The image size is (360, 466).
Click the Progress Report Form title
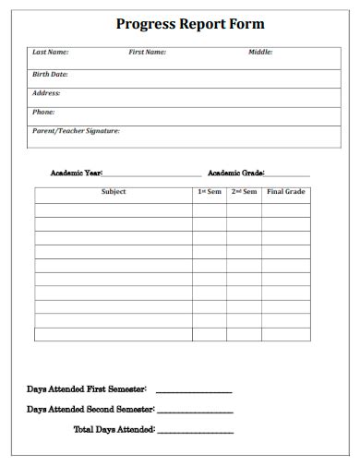pos(190,25)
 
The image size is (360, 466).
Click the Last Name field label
pos(51,53)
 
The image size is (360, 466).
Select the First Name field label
pos(148,53)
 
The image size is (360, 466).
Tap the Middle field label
pos(260,53)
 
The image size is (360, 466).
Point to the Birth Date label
pos(51,74)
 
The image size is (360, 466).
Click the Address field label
pos(47,93)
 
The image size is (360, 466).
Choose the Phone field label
pos(44,112)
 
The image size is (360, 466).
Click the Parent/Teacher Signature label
pos(77,131)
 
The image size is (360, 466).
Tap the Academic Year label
pos(76,173)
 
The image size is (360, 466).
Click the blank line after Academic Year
pos(151,174)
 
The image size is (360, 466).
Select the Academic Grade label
pos(236,173)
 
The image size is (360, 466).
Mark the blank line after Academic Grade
pos(288,174)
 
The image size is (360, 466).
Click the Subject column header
pos(114,192)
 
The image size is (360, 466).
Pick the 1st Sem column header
pos(209,192)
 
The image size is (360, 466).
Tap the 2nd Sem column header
pos(244,192)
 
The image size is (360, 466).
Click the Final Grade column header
pos(286,192)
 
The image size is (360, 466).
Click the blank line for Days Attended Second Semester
pos(195,411)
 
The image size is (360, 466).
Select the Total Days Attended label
pos(114,429)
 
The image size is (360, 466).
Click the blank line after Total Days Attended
pos(195,431)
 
